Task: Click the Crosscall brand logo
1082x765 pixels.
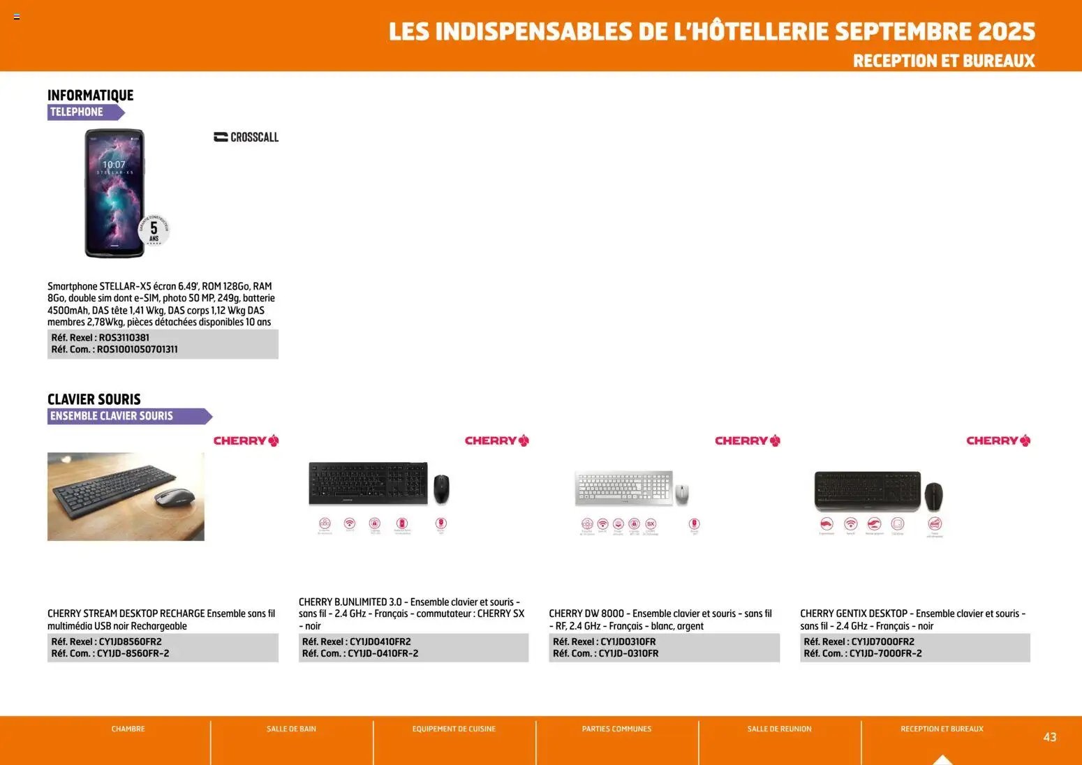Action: [246, 138]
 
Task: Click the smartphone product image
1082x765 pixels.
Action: [114, 193]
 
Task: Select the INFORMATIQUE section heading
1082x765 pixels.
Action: [90, 95]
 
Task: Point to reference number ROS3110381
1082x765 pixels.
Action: [124, 337]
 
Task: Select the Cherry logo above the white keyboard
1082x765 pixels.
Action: [747, 440]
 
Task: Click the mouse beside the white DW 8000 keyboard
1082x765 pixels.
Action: [682, 493]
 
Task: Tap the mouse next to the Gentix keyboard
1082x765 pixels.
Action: [933, 496]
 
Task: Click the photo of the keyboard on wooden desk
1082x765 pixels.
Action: [126, 496]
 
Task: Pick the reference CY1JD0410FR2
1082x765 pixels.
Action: [380, 641]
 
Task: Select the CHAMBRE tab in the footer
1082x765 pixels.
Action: [128, 729]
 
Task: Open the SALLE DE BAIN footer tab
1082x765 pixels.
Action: [291, 729]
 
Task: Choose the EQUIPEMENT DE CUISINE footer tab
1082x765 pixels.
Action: [454, 729]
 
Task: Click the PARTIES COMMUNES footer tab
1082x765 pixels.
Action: [616, 729]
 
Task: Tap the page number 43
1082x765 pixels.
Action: [1049, 737]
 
